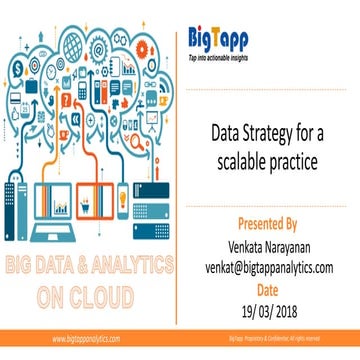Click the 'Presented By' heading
point(265,222)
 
